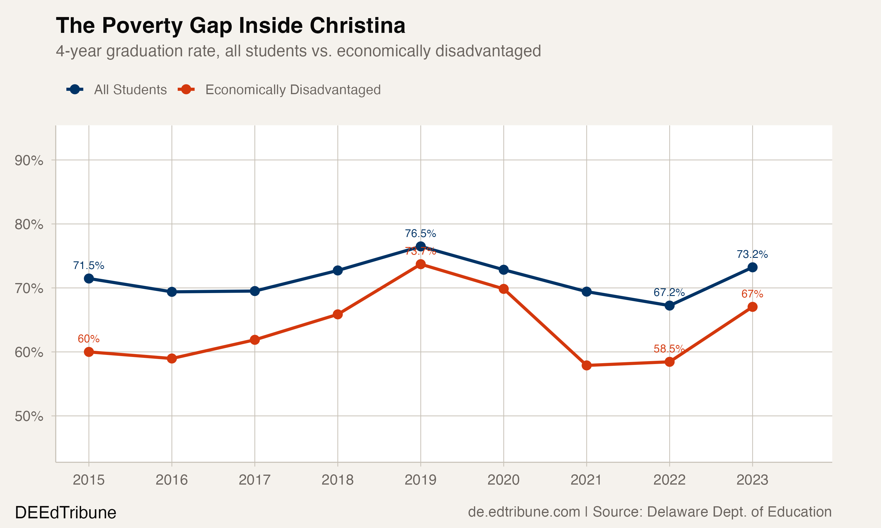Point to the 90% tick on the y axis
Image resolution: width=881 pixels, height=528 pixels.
coord(29,160)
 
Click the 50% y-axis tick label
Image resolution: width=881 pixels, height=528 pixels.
coord(29,416)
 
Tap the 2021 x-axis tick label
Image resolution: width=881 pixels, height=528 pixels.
coord(586,480)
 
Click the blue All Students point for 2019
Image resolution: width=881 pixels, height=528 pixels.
coord(421,246)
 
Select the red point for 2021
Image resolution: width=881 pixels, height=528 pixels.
coord(586,365)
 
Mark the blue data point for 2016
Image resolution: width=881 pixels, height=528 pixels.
coord(172,292)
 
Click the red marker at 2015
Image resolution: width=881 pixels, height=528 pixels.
coord(89,352)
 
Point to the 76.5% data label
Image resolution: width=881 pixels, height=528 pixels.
coord(420,233)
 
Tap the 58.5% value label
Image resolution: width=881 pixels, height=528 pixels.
coord(669,349)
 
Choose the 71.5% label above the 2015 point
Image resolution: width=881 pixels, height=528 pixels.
coord(89,265)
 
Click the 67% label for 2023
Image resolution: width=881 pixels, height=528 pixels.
coord(752,294)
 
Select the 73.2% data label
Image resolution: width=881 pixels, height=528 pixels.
coord(752,254)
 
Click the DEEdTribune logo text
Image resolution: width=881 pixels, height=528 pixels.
coord(65,513)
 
